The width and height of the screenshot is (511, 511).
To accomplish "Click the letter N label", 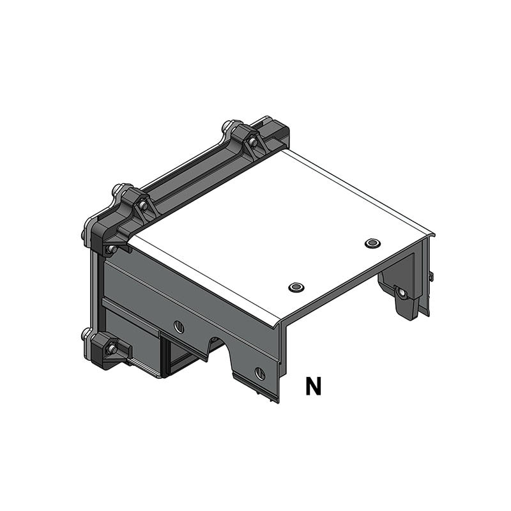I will (x=313, y=386).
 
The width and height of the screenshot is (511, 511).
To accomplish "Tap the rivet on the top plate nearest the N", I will (x=296, y=287).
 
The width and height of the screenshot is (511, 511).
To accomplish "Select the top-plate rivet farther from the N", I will (x=372, y=243).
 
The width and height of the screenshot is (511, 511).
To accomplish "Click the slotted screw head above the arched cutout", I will (x=179, y=328).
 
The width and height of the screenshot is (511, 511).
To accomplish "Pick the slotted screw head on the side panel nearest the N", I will (x=259, y=374).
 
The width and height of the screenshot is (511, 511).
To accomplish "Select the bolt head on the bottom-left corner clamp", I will (x=112, y=349).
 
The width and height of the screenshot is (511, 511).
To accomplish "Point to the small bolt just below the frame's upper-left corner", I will (x=111, y=248).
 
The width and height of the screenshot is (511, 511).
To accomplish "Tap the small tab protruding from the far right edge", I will (x=432, y=276).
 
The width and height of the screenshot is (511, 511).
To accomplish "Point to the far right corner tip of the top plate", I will (x=434, y=234).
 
